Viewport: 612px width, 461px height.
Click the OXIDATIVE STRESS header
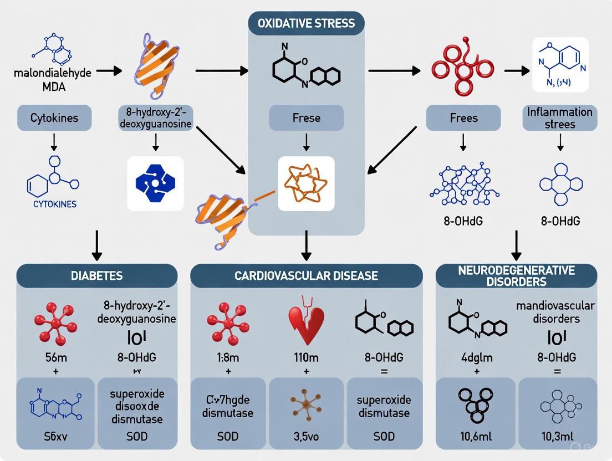click(x=306, y=24)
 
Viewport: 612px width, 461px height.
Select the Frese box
click(x=306, y=118)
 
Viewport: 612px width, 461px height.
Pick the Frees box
click(x=463, y=118)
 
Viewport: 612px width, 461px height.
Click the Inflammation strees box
click(x=560, y=118)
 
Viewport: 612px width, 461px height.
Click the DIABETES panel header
click(x=97, y=275)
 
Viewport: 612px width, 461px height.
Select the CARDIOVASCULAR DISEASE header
click(x=306, y=275)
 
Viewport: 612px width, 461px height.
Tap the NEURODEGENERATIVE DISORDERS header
click(x=516, y=275)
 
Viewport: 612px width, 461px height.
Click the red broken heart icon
click(x=306, y=321)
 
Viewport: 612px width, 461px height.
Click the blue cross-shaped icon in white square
click(x=155, y=183)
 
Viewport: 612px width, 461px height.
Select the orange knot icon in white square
click(x=306, y=183)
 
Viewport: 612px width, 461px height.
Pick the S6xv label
click(x=54, y=437)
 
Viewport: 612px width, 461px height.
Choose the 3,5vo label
click(x=306, y=437)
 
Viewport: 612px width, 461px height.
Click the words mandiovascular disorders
click(x=555, y=311)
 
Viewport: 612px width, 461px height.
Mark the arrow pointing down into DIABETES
click(x=97, y=245)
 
